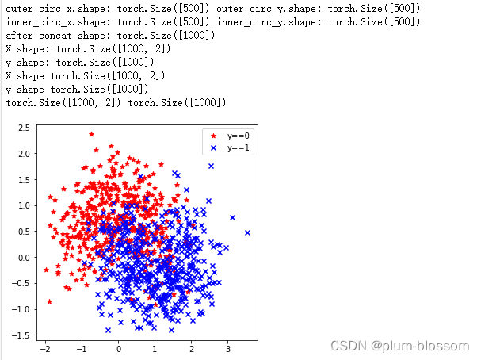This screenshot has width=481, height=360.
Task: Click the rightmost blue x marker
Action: (x=247, y=232)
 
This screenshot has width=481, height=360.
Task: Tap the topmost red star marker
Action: (x=91, y=134)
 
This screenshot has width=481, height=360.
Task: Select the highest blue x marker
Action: (x=211, y=166)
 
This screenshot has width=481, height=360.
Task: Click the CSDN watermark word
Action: (x=346, y=346)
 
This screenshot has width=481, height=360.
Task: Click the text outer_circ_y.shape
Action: (x=269, y=8)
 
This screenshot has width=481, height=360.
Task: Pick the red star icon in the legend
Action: (x=212, y=136)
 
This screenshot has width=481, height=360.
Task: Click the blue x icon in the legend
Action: (x=212, y=148)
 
